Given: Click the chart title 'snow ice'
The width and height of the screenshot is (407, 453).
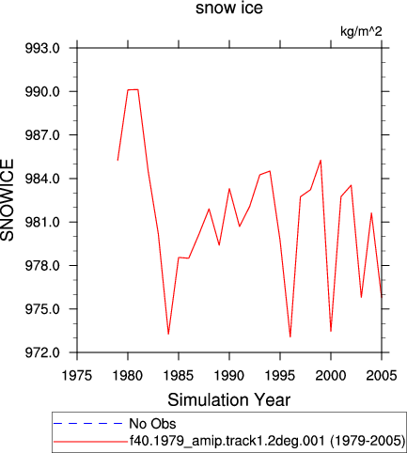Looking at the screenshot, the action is tap(229, 8).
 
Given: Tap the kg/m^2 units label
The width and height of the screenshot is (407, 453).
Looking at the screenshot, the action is tap(361, 31).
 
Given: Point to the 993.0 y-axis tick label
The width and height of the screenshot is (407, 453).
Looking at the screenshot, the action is tap(42, 48).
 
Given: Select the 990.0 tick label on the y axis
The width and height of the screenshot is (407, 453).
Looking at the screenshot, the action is tap(42, 92).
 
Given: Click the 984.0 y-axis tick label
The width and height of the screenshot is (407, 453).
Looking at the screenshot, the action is tap(42, 179).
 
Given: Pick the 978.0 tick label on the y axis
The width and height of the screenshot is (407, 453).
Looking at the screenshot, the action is tap(42, 266).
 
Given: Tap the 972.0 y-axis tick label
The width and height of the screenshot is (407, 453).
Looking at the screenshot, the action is tap(42, 352).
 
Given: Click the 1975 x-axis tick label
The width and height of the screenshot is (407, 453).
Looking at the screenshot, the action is tap(77, 375).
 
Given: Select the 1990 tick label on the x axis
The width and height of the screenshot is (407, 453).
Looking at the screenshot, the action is tap(229, 375).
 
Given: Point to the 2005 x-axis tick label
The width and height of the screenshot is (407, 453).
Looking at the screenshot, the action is tap(382, 375).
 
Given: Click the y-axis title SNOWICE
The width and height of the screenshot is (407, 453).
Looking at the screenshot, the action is tap(8, 200).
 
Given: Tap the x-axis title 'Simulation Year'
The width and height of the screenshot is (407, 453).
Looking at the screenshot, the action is tap(229, 400).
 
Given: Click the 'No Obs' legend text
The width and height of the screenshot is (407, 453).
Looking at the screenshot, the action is tap(152, 424).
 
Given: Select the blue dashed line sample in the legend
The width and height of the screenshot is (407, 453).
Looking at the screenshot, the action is tap(87, 424).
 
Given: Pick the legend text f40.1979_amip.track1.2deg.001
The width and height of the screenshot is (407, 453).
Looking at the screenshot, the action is tap(227, 441).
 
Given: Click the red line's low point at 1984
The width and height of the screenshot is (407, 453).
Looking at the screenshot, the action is tap(168, 334).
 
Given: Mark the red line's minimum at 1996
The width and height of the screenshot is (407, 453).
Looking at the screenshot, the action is tap(290, 336).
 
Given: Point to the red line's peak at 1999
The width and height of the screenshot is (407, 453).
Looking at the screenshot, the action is tap(321, 161).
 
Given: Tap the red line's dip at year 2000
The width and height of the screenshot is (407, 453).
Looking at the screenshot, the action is tap(331, 331).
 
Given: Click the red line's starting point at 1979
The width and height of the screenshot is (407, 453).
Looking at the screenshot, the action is tap(117, 160).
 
